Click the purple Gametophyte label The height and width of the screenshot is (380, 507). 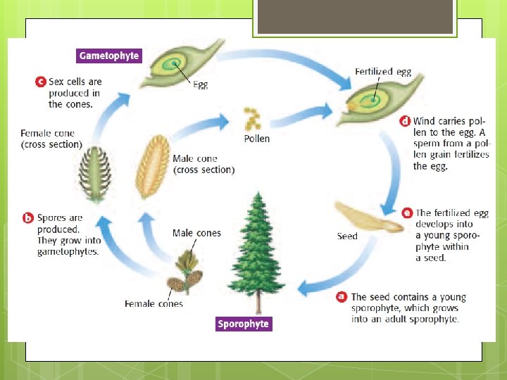click(x=109, y=56)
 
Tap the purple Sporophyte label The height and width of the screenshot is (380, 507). click(x=243, y=324)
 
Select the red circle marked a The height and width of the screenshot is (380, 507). click(x=342, y=297)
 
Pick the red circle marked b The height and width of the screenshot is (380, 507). click(x=28, y=217)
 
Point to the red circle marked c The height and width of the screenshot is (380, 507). click(x=40, y=82)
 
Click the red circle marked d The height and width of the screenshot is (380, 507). click(x=405, y=121)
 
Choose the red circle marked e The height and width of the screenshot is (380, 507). click(x=407, y=213)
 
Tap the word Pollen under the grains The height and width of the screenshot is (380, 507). click(x=256, y=139)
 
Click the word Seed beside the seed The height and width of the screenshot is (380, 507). click(x=347, y=236)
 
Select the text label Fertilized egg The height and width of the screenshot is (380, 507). click(x=383, y=72)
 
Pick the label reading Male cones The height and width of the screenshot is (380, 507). click(x=196, y=233)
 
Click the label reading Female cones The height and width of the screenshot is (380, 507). click(x=154, y=304)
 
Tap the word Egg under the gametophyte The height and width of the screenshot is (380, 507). click(x=201, y=85)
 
